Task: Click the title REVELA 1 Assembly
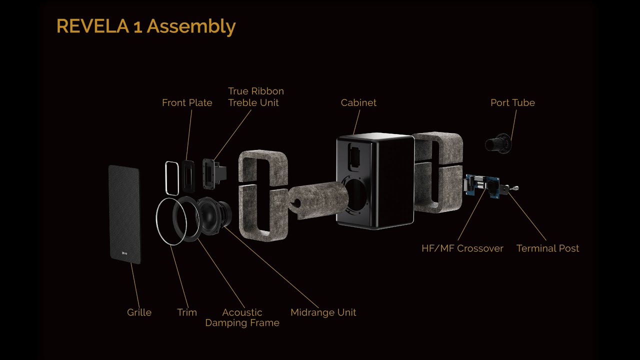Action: [146, 26]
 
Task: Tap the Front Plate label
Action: [187, 102]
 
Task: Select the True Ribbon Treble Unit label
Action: [256, 97]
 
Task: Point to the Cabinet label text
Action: [358, 102]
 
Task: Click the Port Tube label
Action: [512, 102]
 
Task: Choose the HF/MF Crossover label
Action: [462, 248]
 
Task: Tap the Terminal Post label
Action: [547, 248]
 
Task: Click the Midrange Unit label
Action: [323, 312]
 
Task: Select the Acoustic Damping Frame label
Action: [242, 317]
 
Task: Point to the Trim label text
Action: [187, 312]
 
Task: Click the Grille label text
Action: [139, 312]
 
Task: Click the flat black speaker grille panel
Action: [125, 214]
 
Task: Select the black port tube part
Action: [498, 143]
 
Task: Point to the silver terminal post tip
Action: [515, 188]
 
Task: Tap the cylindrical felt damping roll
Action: [318, 200]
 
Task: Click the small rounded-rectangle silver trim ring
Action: [172, 178]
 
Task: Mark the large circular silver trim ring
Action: [156, 219]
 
